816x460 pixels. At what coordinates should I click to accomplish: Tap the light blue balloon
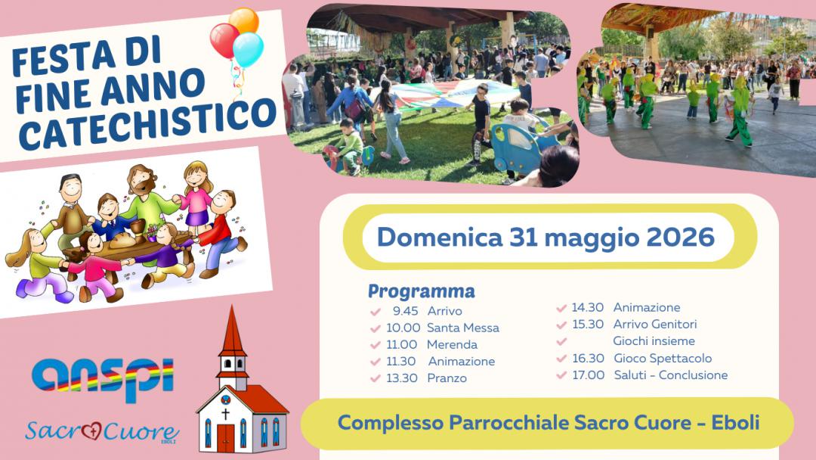tap(249, 49)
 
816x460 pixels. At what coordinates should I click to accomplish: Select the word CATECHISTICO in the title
tap(147, 123)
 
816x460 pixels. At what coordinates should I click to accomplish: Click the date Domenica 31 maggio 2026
tap(546, 238)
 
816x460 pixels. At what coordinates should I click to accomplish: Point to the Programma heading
tap(422, 291)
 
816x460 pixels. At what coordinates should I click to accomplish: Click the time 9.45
tap(406, 311)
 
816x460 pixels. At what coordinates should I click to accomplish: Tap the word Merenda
tap(452, 344)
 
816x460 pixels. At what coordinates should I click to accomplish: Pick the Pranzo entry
tap(447, 378)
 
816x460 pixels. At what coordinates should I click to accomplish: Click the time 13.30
tap(402, 378)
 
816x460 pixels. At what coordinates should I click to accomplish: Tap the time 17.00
tap(589, 375)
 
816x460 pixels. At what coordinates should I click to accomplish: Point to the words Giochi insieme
tap(654, 341)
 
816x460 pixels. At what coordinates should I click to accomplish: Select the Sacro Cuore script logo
tap(102, 431)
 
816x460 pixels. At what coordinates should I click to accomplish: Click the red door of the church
tap(226, 437)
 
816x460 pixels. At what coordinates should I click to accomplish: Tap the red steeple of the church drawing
tap(232, 331)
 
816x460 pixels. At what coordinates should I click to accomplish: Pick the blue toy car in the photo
tap(517, 147)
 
